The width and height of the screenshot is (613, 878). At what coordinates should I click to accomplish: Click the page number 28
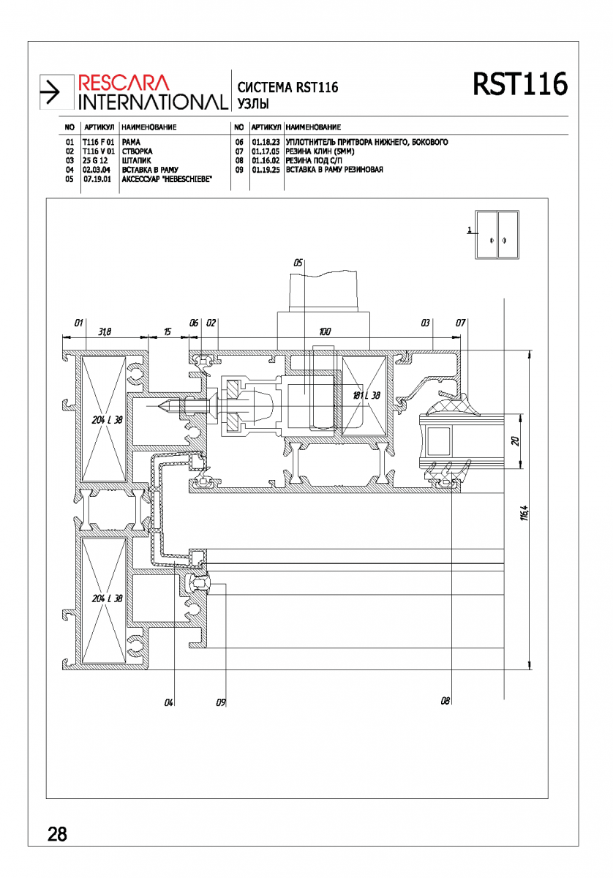[57, 834]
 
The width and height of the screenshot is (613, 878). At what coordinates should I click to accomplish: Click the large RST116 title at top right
[520, 84]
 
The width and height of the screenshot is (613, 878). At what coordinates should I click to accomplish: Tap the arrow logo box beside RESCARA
[56, 92]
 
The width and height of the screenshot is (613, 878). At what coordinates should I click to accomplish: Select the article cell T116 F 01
[98, 142]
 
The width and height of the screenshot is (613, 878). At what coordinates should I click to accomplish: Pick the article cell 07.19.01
[97, 179]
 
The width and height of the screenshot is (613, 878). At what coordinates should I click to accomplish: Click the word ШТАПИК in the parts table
[136, 161]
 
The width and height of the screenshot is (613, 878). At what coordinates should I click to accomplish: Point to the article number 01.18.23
[266, 142]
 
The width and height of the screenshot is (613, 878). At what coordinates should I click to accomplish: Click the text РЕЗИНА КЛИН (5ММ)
[320, 151]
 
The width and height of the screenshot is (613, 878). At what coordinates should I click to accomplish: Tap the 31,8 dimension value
[105, 332]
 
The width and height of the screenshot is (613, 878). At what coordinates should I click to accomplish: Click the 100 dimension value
[325, 332]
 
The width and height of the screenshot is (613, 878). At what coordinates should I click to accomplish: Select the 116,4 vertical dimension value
[524, 513]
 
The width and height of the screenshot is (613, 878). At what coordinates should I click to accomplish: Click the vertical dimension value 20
[516, 441]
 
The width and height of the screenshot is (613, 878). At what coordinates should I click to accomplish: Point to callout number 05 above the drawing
[298, 263]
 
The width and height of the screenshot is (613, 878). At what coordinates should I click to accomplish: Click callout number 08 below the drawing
[445, 700]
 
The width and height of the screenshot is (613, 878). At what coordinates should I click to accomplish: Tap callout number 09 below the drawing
[221, 702]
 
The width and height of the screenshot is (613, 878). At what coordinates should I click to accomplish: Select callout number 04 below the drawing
[168, 702]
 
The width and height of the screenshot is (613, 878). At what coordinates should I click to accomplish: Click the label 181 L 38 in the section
[366, 395]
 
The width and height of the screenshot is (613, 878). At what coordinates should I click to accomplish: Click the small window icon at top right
[497, 234]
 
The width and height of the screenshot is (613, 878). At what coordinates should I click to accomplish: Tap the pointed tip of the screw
[159, 406]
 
